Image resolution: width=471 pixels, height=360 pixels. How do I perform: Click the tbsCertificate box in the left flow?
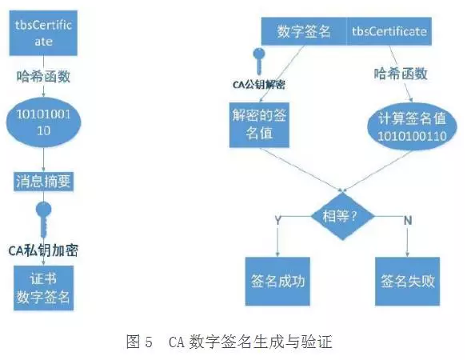(43, 33)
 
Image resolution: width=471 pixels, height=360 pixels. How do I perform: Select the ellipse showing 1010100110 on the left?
(44, 122)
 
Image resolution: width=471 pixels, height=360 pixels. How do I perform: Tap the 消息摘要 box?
(43, 182)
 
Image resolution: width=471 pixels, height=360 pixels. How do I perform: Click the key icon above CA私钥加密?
(43, 219)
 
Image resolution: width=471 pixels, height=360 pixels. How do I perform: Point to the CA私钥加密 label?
(43, 250)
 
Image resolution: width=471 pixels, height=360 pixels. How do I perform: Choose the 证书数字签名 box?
(43, 288)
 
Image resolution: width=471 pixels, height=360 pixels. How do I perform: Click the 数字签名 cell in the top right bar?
(304, 31)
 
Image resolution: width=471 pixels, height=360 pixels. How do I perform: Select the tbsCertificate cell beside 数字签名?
(389, 31)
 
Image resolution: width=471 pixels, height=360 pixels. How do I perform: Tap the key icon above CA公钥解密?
(259, 61)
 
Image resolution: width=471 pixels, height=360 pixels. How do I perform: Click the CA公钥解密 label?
(259, 85)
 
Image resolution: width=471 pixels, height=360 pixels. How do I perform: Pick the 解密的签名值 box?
(259, 125)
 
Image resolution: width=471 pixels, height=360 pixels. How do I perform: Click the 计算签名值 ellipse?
(412, 126)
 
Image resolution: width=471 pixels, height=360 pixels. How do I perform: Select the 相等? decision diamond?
(342, 216)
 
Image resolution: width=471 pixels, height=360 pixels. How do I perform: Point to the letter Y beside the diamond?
(277, 220)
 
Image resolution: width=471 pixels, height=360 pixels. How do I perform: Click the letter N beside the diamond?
(408, 221)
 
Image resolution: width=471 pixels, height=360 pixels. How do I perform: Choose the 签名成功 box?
(277, 282)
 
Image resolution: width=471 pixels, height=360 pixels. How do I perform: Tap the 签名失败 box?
(407, 282)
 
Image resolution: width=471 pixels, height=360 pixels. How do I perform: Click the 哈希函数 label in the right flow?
(401, 74)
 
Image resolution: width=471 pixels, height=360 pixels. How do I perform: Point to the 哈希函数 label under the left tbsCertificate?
(43, 76)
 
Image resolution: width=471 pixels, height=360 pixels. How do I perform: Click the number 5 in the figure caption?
(149, 342)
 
